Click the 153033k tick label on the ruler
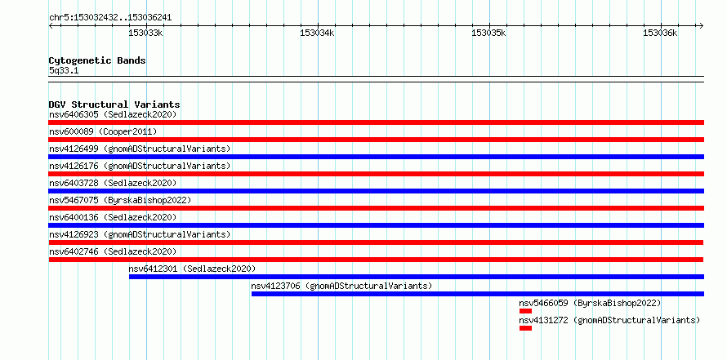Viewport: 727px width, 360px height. click(145, 33)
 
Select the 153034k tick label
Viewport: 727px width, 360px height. click(317, 33)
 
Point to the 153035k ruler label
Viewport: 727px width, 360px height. click(488, 33)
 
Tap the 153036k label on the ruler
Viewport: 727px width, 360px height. click(660, 33)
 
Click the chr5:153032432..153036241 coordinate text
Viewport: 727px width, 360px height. click(110, 18)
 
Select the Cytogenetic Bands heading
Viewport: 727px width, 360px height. click(97, 60)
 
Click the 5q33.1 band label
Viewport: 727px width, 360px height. click(64, 71)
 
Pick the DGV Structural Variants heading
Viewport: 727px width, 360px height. click(114, 104)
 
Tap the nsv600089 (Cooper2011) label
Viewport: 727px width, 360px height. click(103, 131)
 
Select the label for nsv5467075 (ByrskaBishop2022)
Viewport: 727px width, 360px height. click(120, 200)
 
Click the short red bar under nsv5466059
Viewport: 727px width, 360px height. click(525, 311)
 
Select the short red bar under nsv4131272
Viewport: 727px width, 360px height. click(525, 328)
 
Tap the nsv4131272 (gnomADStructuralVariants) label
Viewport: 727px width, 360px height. click(609, 320)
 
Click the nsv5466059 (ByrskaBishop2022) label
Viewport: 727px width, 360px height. click(590, 303)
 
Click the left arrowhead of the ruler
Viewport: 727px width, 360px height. click(51, 26)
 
